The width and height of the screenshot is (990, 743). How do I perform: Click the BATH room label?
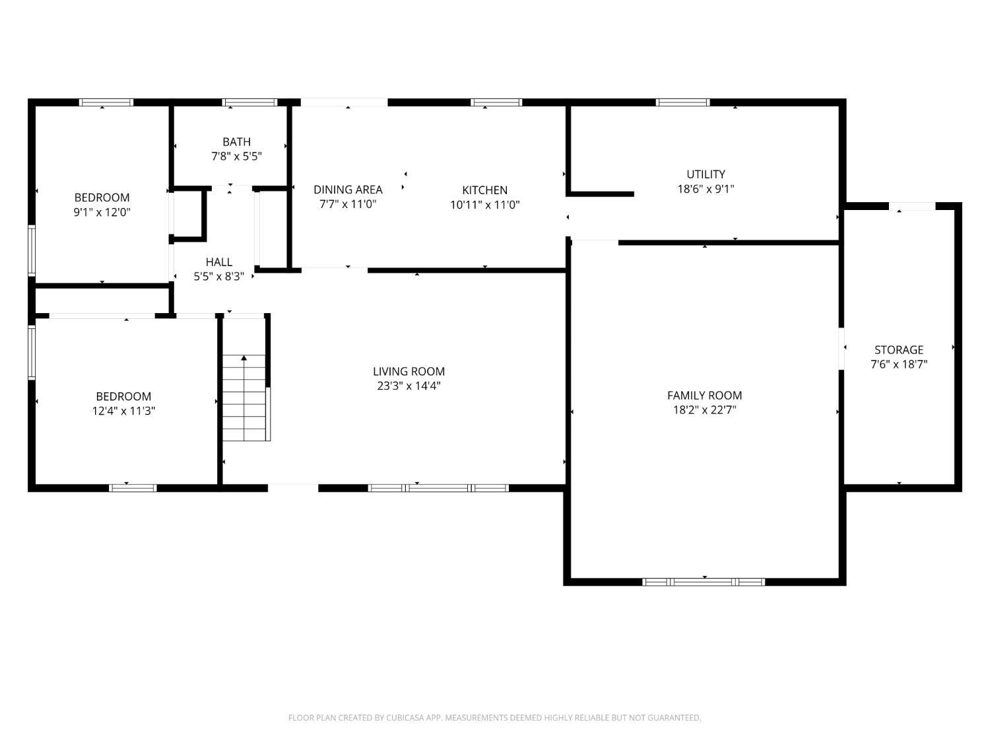[236, 141]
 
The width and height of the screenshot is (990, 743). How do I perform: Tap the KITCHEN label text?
[484, 190]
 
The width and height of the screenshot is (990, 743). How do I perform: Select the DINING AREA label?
[348, 190]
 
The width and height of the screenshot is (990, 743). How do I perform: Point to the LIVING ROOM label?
[409, 371]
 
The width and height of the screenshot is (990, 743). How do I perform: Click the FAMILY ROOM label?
[704, 395]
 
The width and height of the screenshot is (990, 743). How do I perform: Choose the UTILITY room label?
[706, 174]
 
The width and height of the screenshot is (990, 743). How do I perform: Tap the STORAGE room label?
[899, 349]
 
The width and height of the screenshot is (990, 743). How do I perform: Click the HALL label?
[218, 262]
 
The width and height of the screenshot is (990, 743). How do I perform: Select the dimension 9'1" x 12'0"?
[102, 212]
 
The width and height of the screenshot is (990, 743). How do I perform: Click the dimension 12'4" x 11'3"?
[123, 411]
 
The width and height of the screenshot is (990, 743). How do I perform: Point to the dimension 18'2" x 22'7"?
[704, 409]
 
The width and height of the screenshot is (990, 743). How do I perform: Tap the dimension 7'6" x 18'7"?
[899, 364]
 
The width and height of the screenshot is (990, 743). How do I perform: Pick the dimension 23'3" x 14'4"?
[409, 386]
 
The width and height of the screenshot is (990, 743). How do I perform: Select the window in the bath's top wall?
[249, 102]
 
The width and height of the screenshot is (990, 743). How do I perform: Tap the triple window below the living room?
[438, 487]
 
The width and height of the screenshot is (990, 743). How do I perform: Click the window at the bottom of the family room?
[704, 582]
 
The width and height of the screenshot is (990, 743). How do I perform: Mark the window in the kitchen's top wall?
[496, 102]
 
